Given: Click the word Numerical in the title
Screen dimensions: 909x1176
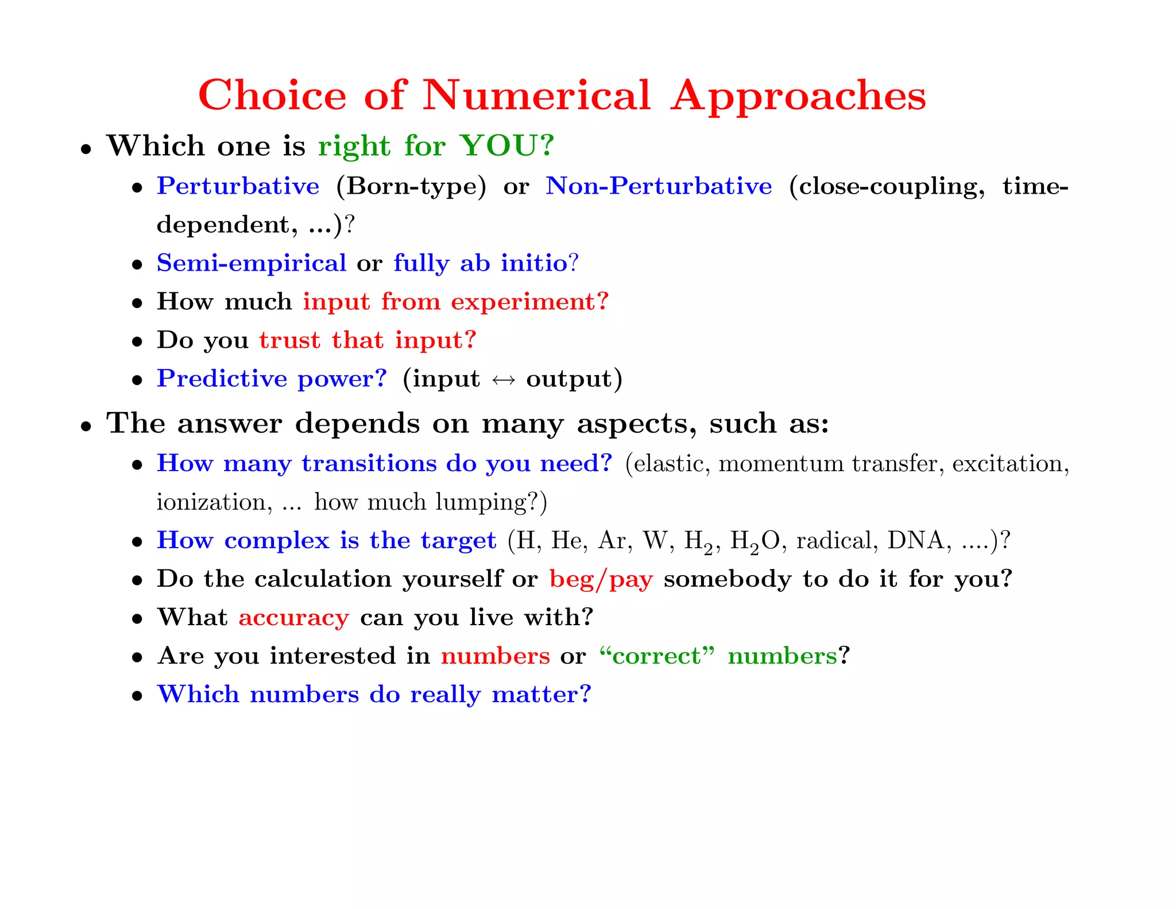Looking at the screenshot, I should click(536, 95).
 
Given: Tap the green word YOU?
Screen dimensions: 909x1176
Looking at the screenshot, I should click(507, 145).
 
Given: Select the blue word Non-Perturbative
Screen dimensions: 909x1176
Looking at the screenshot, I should click(659, 186).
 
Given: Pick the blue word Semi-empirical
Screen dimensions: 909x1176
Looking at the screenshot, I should click(252, 263).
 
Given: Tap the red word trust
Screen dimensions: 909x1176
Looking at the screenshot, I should click(289, 340).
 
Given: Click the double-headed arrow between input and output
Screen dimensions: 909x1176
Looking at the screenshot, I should click(503, 380).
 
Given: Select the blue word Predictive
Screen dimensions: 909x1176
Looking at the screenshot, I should click(222, 379).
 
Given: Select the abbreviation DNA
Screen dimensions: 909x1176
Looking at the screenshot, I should click(915, 541).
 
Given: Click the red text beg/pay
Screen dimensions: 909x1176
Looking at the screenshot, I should click(601, 580).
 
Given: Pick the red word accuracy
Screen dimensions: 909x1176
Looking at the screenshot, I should click(293, 618).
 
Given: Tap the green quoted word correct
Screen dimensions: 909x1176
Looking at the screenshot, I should click(657, 656).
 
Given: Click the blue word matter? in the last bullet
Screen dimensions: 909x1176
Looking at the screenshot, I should click(541, 695).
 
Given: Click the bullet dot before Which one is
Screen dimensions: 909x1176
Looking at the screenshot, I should click(86, 149).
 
